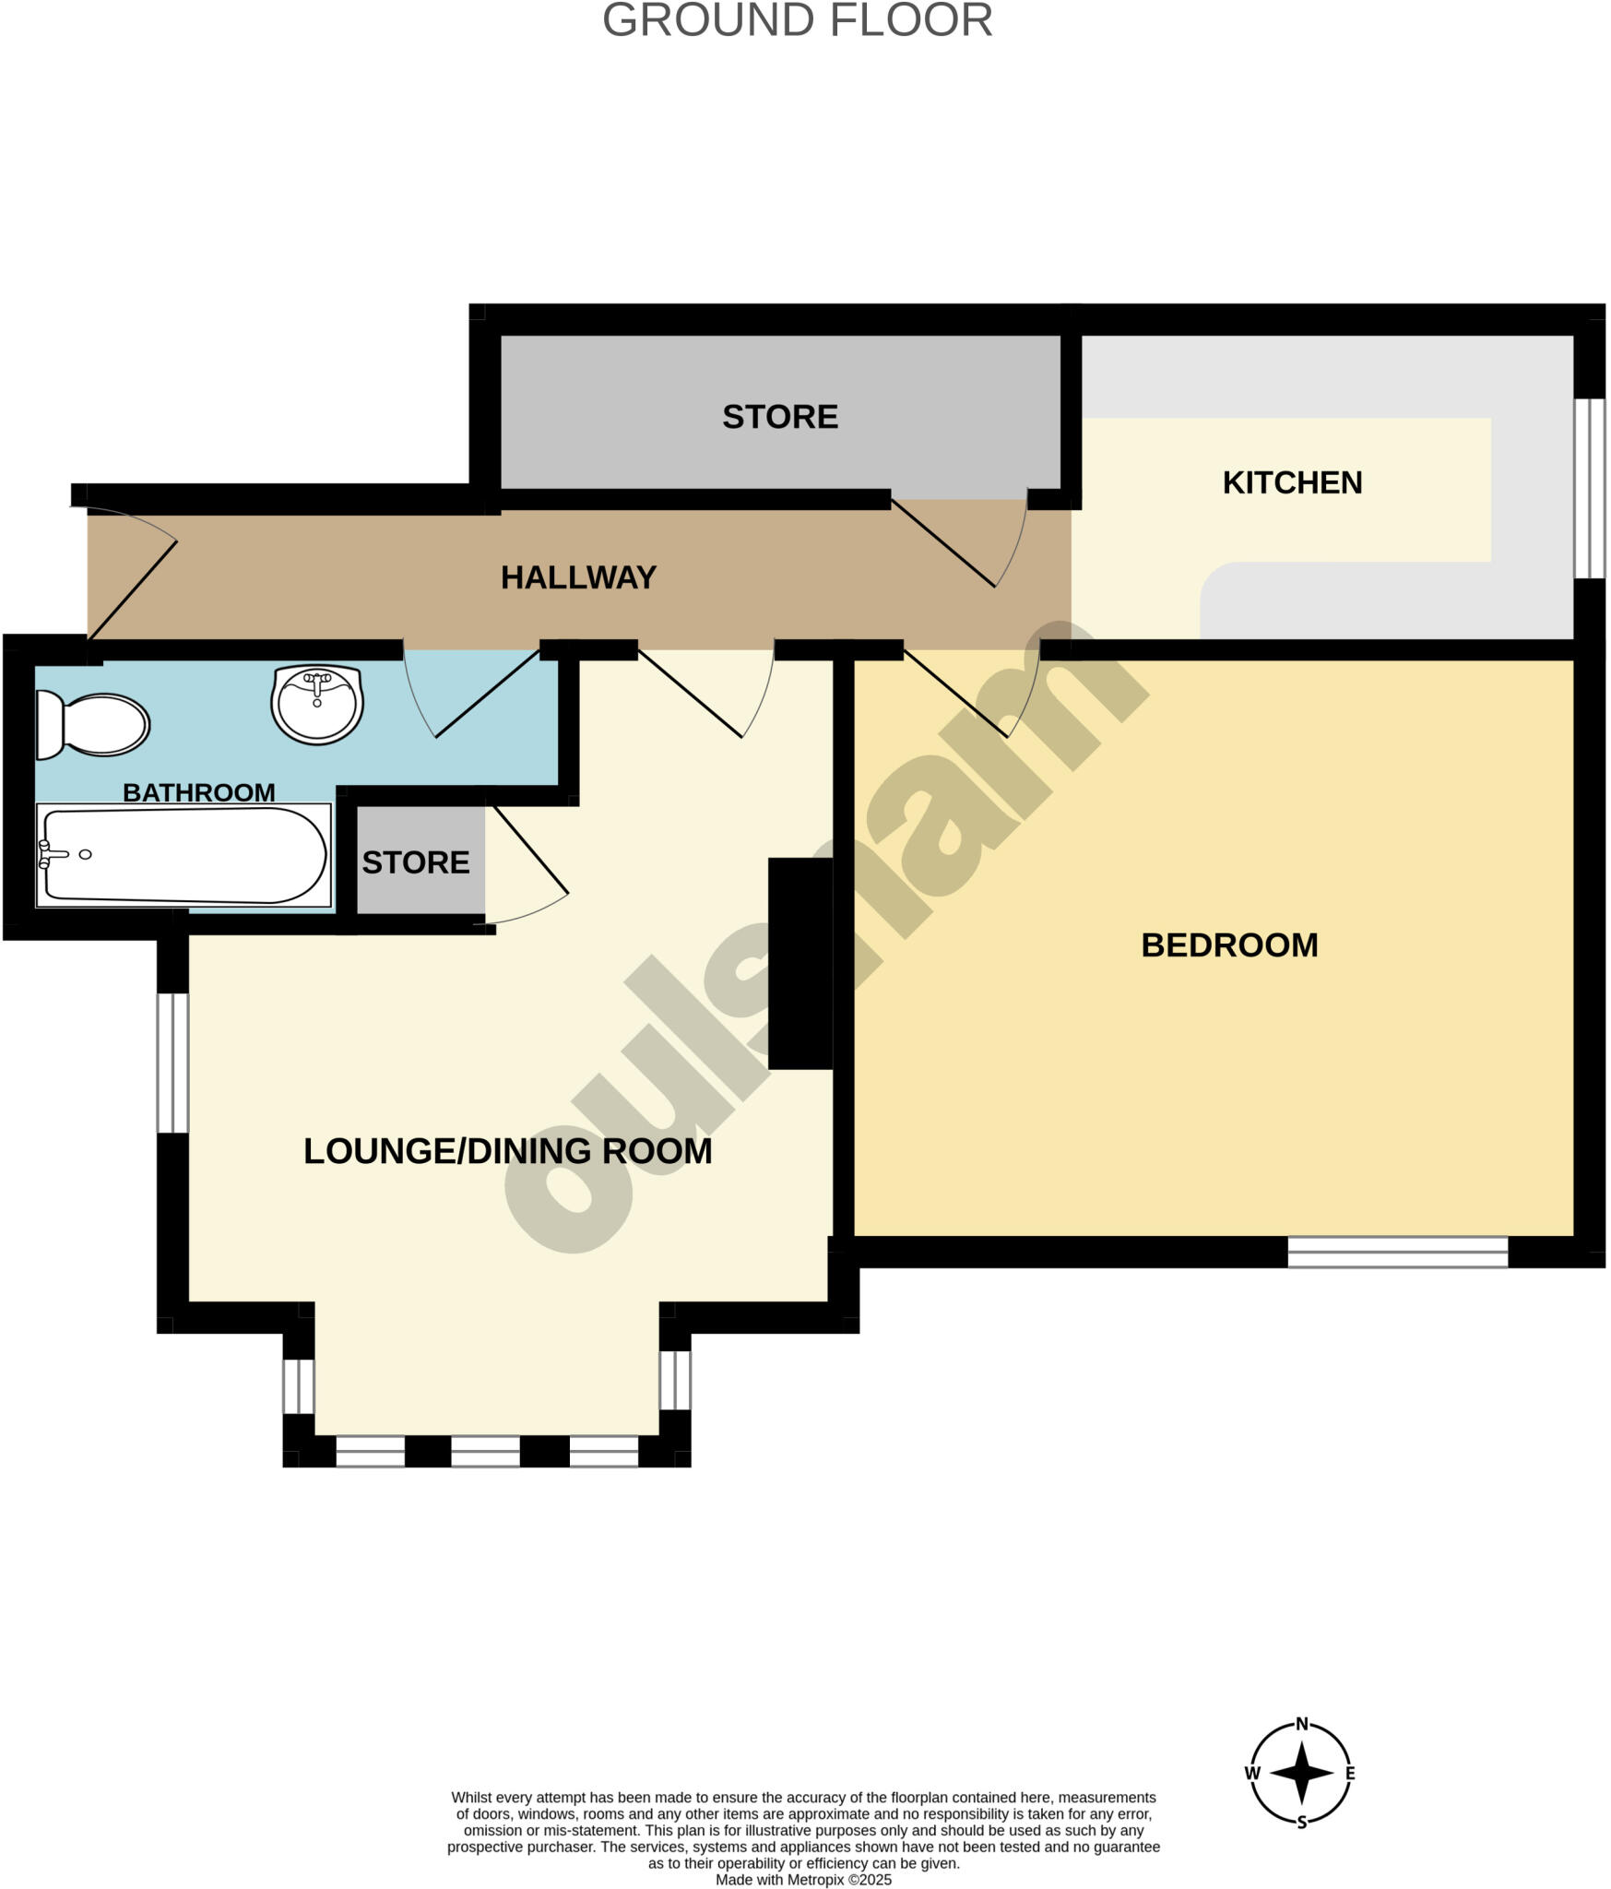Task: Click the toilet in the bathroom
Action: (x=93, y=724)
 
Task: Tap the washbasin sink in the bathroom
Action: (x=317, y=705)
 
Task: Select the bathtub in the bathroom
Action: (x=183, y=855)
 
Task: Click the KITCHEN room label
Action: (x=1292, y=482)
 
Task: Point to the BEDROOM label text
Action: (x=1229, y=945)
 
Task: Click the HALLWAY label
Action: (x=578, y=577)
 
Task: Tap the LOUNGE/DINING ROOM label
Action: (x=507, y=1151)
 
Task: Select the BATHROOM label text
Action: (x=198, y=792)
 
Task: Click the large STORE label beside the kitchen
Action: (x=780, y=417)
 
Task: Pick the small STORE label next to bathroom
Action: (x=416, y=862)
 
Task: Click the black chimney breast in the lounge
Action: (x=800, y=964)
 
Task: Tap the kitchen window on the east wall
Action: (x=1589, y=488)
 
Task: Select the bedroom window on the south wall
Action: (x=1397, y=1252)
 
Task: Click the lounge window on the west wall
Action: (x=172, y=1063)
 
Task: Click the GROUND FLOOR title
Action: (x=797, y=20)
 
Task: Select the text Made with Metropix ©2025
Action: (x=803, y=1880)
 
